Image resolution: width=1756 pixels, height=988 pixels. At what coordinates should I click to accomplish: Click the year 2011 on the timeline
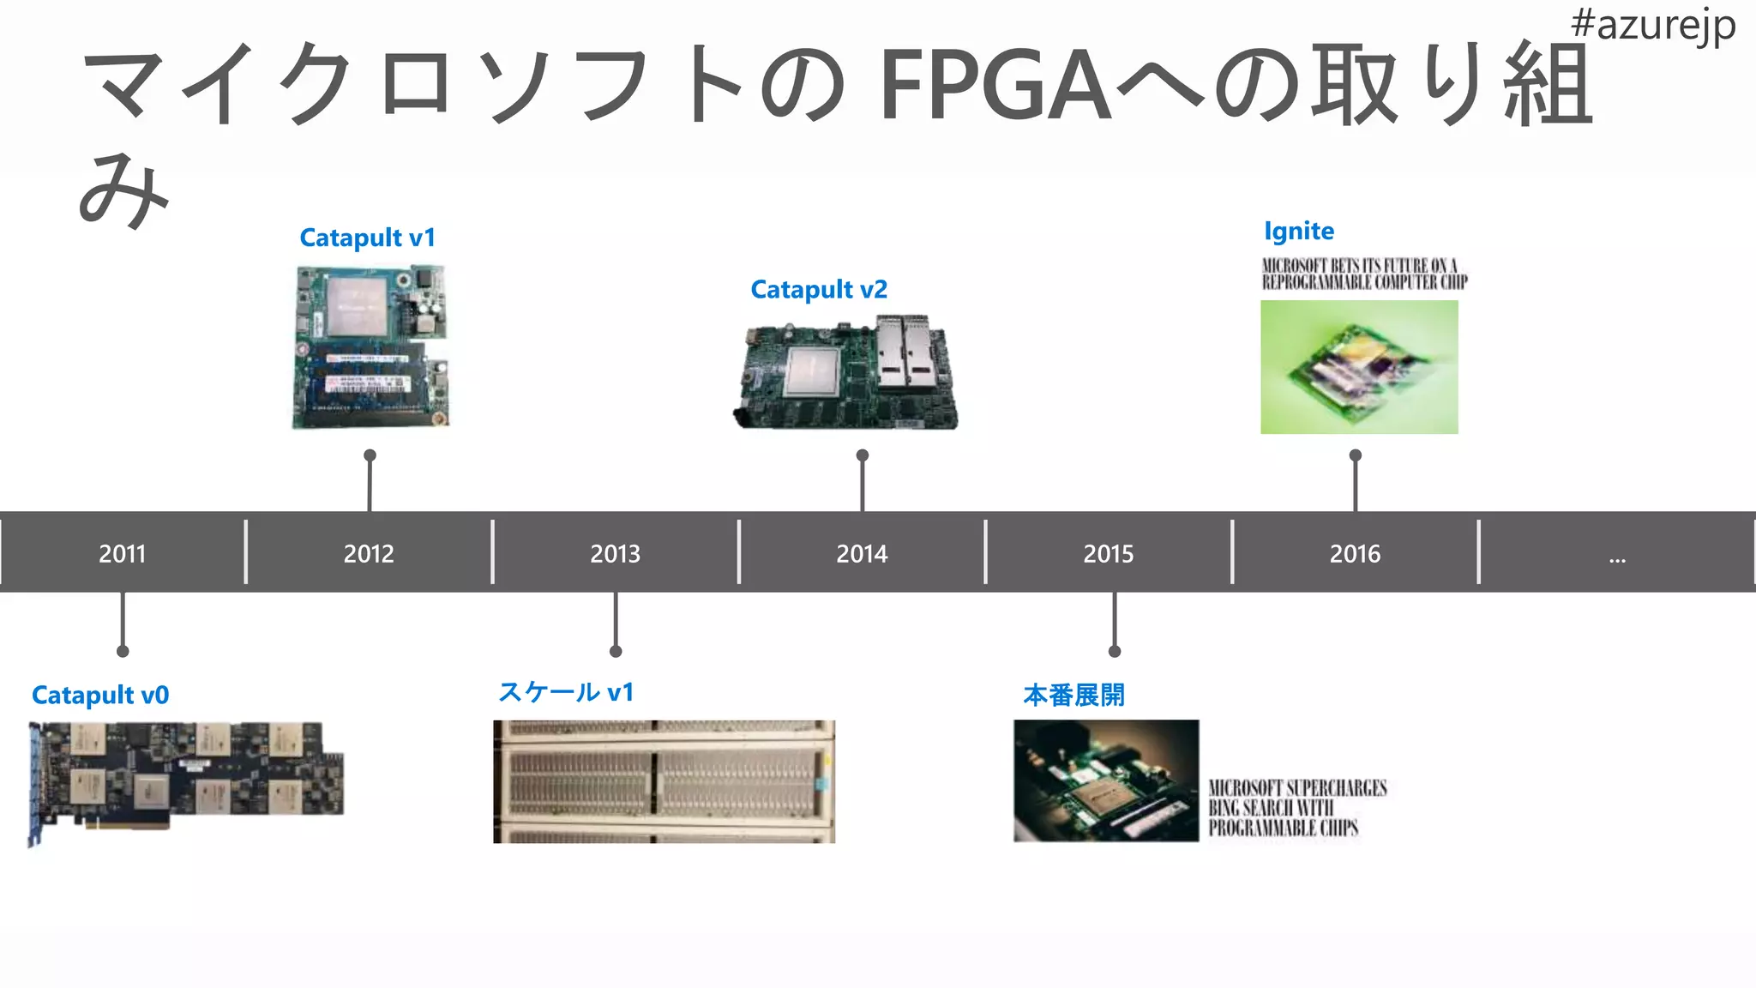122,554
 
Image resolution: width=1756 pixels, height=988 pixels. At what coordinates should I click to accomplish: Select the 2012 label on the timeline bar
369,554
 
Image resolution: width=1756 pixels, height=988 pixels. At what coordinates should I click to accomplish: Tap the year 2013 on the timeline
615,554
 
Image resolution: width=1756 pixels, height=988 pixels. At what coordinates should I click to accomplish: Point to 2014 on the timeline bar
862,554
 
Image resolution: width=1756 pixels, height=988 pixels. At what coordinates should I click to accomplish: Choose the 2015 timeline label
1108,554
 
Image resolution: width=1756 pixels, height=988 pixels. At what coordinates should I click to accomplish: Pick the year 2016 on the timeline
1355,554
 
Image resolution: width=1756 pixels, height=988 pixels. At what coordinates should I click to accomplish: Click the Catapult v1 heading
367,238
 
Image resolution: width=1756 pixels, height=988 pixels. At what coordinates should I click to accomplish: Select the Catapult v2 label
819,290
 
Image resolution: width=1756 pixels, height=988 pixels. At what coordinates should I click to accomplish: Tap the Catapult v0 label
100,695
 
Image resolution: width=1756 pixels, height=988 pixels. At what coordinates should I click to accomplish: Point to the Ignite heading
1298,232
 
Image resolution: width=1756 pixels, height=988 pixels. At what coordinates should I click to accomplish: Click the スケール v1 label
566,692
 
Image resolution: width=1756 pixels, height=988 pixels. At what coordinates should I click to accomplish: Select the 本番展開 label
1073,695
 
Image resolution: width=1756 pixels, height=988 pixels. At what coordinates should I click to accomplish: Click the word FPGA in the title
995,86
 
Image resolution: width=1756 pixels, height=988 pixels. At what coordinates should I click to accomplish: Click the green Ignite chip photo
1359,367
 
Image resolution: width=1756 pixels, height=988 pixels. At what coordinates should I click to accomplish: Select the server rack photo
664,781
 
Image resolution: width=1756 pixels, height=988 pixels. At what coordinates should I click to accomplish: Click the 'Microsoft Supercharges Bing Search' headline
1296,808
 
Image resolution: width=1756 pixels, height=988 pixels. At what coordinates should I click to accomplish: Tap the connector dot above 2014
863,455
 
